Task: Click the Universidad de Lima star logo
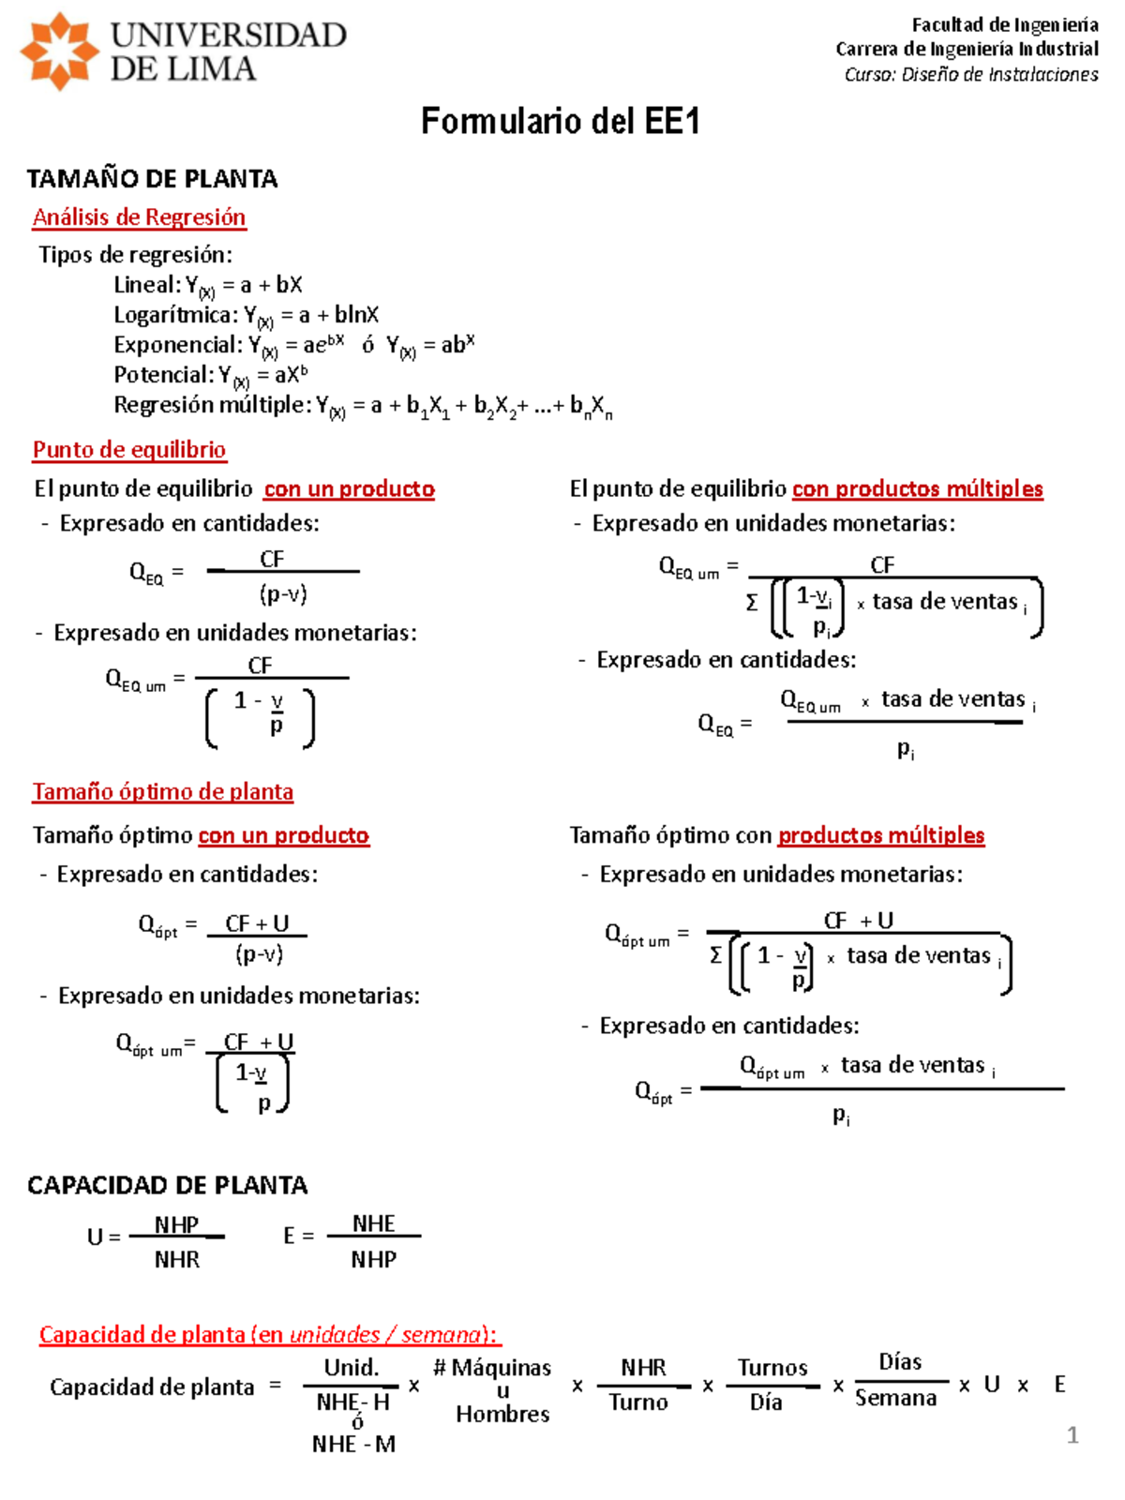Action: point(59,52)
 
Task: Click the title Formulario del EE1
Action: point(560,122)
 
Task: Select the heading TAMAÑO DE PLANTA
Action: point(152,178)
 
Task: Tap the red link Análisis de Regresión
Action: point(139,217)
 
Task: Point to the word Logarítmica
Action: point(172,315)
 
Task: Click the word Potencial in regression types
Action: point(162,375)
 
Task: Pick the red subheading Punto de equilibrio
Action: point(129,450)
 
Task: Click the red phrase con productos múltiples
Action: point(917,488)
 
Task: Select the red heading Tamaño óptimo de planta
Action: point(163,792)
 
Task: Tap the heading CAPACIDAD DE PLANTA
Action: point(167,1186)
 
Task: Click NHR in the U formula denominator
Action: point(176,1260)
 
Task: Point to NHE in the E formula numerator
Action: point(373,1223)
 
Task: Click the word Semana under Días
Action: point(895,1399)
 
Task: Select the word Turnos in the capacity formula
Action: point(772,1368)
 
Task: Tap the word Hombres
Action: point(502,1414)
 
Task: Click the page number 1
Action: point(1072,1435)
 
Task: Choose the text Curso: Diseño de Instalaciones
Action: point(970,75)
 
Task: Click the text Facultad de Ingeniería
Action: point(1004,25)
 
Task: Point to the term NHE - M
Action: point(353,1445)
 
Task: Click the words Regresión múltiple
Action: point(212,405)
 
